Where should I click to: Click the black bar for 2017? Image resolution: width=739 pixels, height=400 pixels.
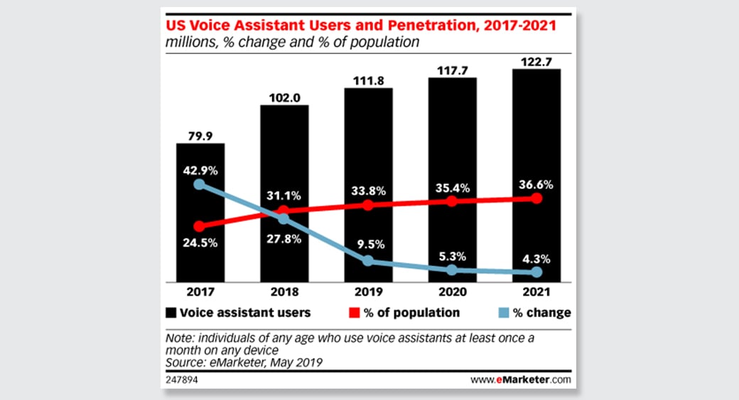click(200, 213)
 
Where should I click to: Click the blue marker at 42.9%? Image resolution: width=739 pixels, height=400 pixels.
click(200, 185)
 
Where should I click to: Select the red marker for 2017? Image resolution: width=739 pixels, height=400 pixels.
click(200, 227)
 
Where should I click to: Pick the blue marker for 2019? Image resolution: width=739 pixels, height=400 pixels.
click(368, 261)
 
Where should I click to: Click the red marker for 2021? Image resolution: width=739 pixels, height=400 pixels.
click(536, 198)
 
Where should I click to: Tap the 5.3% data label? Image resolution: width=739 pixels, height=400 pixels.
click(453, 253)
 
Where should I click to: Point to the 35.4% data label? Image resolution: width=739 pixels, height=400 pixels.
click(453, 188)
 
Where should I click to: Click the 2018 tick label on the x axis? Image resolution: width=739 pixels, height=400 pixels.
click(284, 291)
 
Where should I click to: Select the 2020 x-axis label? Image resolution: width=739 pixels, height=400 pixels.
click(453, 291)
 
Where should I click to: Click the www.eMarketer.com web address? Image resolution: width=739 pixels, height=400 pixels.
click(520, 380)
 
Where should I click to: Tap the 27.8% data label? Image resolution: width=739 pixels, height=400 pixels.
click(284, 239)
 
